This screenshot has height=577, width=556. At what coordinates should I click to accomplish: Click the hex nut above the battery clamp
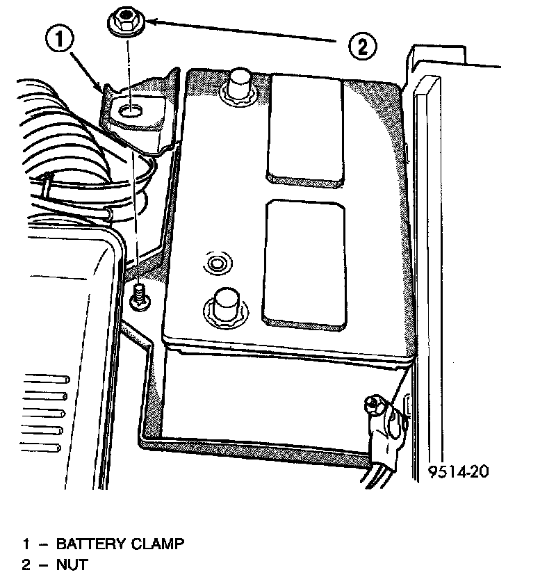point(126,22)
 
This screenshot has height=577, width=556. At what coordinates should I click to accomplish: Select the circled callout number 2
point(361,47)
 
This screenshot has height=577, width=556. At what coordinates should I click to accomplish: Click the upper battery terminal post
point(238,83)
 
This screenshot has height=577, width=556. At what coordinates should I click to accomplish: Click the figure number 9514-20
point(458,472)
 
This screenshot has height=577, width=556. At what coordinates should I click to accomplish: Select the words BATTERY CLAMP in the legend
point(120,543)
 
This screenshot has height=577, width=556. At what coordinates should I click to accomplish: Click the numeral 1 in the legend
point(26,543)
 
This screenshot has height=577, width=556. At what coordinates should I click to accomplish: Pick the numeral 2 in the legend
point(26,564)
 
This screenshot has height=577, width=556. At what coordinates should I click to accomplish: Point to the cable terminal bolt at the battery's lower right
point(373,403)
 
